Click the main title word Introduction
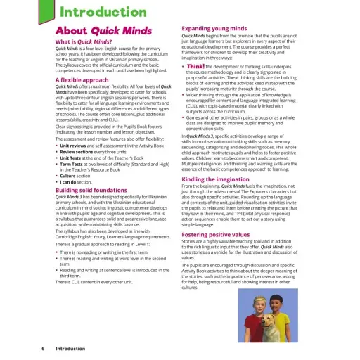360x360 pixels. point(113,12)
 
